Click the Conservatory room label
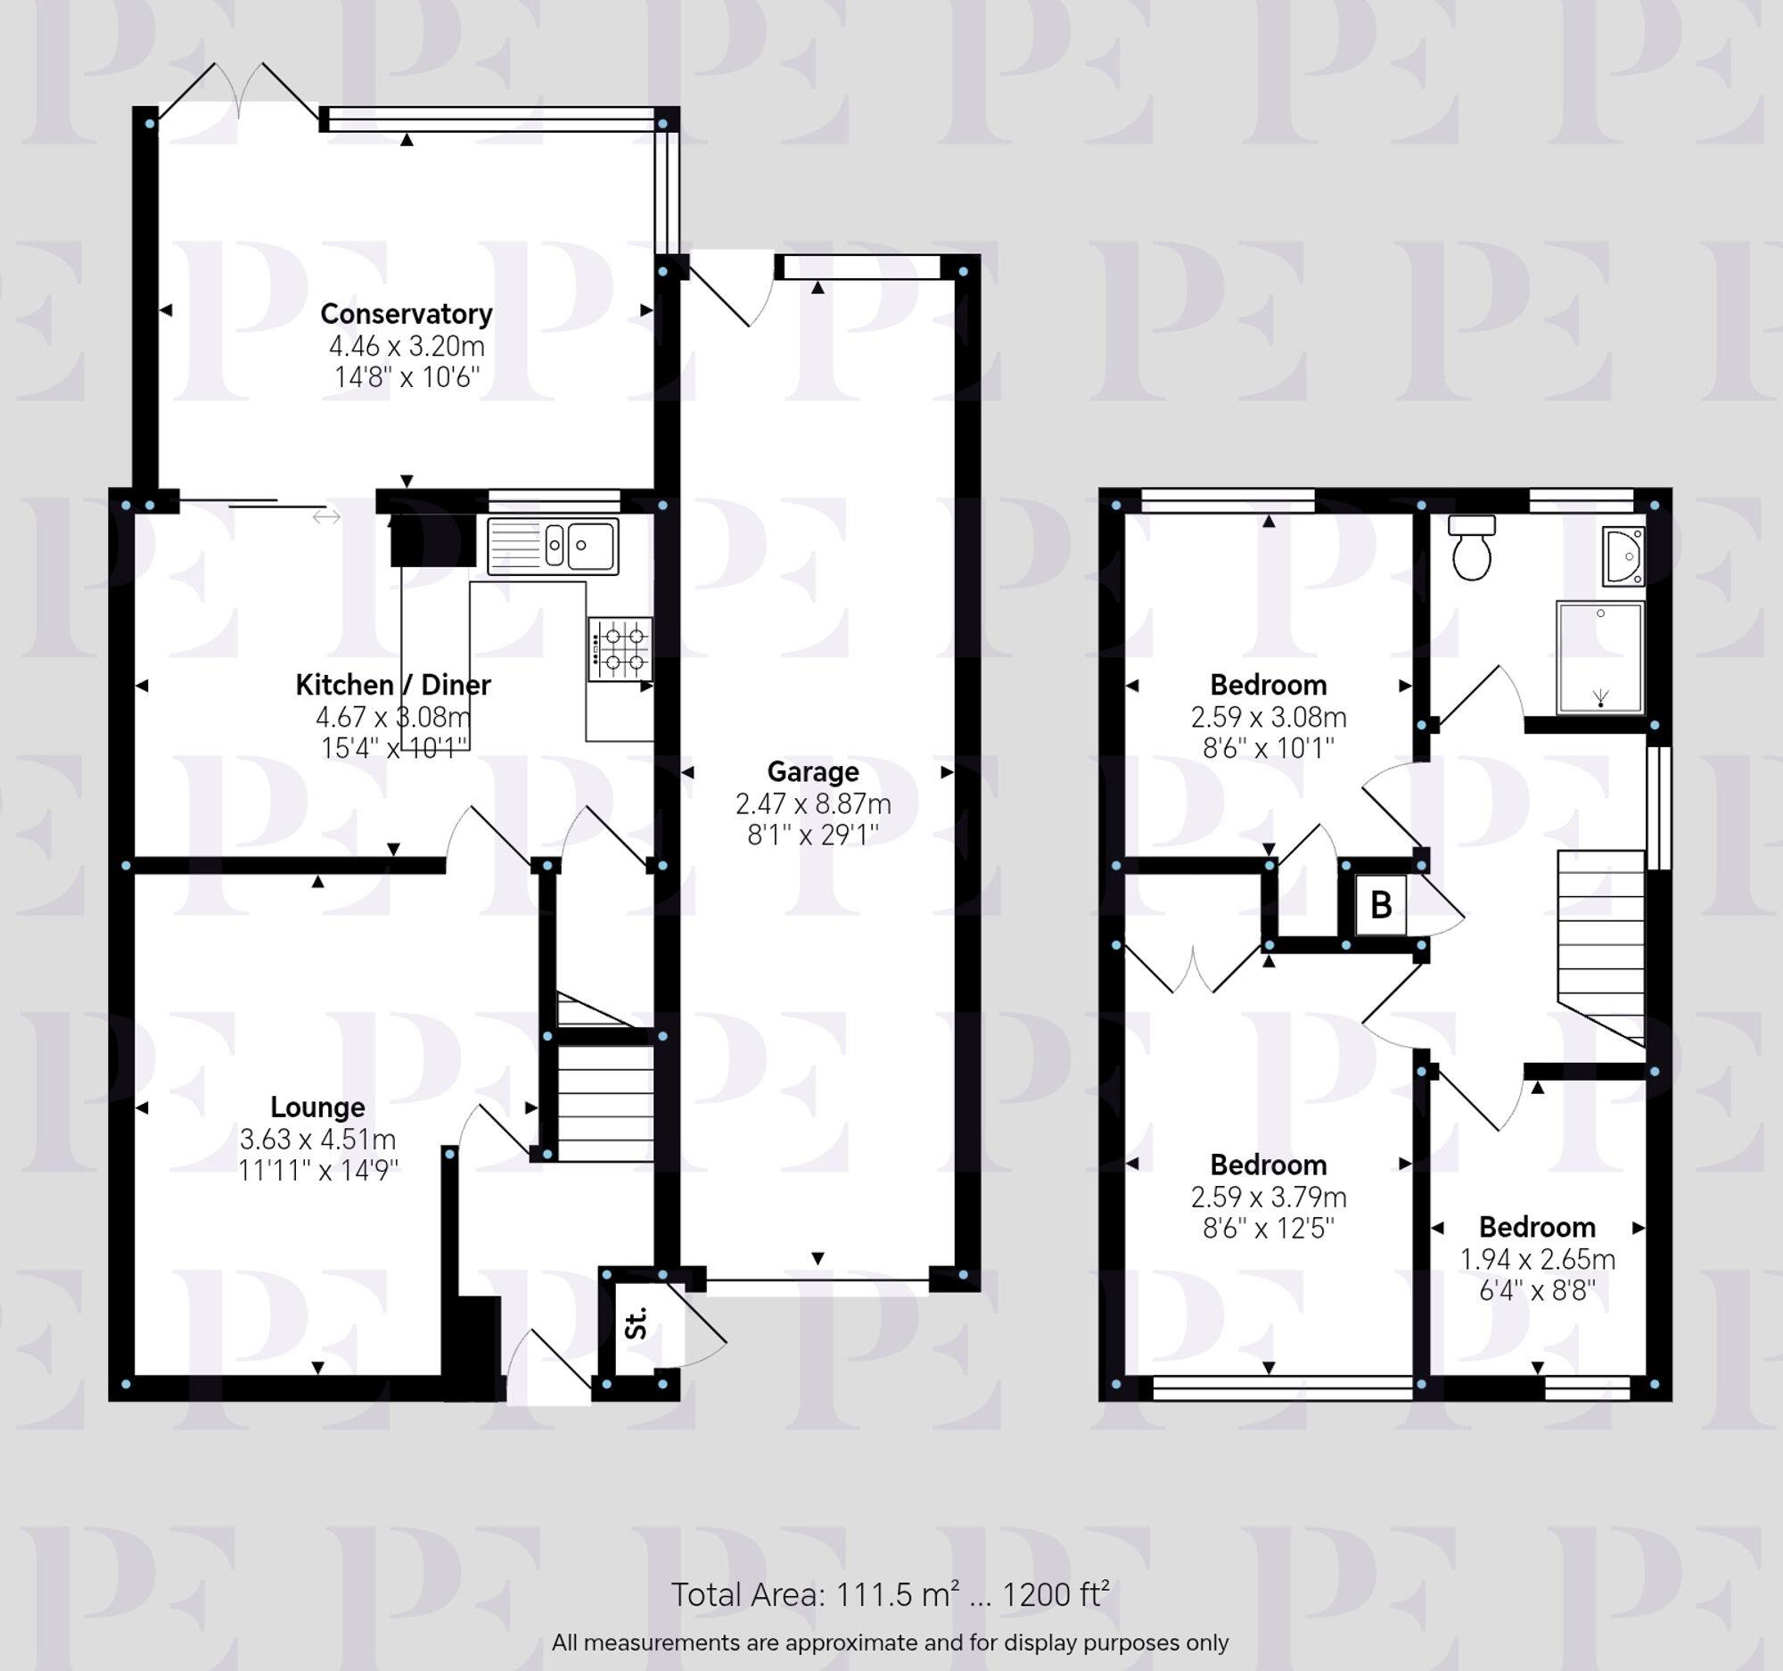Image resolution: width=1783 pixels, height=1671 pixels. tap(407, 314)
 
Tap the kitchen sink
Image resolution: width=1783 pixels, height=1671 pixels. tap(554, 546)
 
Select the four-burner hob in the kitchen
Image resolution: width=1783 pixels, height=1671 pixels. tap(620, 648)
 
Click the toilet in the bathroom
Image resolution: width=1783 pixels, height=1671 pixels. tap(1472, 547)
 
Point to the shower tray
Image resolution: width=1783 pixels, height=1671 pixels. tap(1601, 658)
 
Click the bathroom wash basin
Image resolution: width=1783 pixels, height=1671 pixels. tap(1624, 556)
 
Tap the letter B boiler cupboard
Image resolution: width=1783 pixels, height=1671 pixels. tap(1381, 905)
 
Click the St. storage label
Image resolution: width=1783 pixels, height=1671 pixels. tap(635, 1324)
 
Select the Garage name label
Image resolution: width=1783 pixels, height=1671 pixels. tap(812, 771)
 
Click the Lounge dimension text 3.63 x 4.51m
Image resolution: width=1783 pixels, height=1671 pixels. tap(317, 1139)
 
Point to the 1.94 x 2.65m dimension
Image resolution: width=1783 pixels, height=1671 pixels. tap(1537, 1259)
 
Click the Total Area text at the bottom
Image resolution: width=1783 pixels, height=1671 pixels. tap(891, 1593)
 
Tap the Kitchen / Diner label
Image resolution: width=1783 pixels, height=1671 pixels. tap(393, 686)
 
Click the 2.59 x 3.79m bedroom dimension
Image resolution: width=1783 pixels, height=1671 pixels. tap(1269, 1197)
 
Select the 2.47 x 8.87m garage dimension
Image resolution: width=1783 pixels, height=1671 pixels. tap(812, 803)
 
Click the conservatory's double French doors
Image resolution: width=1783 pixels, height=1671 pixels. tap(239, 90)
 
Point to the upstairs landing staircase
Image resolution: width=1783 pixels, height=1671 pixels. tap(1601, 948)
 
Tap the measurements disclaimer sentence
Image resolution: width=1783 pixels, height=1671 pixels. tap(890, 1643)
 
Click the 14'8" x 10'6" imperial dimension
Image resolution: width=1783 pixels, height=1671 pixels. tap(407, 376)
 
